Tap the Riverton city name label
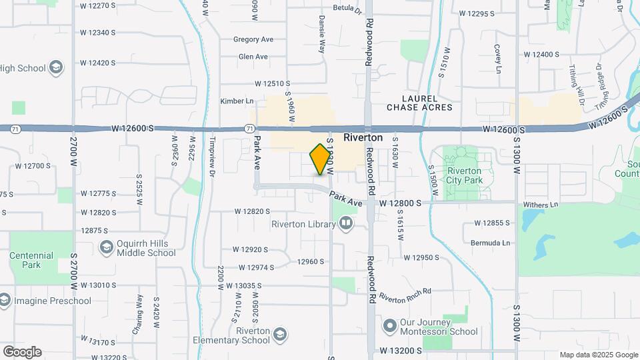pyautogui.click(x=363, y=138)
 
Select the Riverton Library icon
pyautogui.click(x=345, y=224)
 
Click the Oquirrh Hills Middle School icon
pyautogui.click(x=106, y=248)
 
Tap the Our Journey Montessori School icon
pyautogui.click(x=390, y=326)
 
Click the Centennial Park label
pyautogui.click(x=31, y=260)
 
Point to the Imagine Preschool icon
pyautogui.click(x=5, y=301)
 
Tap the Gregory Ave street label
pyautogui.click(x=253, y=39)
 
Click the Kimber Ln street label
pyautogui.click(x=237, y=101)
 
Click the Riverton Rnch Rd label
pyautogui.click(x=405, y=294)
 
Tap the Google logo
pyautogui.click(x=22, y=352)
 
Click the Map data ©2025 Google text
pyautogui.click(x=598, y=355)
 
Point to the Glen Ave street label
pyautogui.click(x=253, y=57)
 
